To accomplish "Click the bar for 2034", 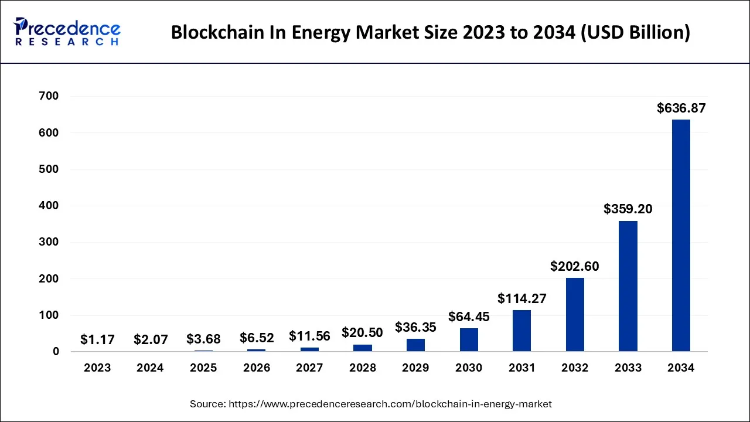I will click(681, 236).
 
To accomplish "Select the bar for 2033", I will click(628, 286).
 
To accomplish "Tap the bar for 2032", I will click(575, 315).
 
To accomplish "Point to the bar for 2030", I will click(469, 340).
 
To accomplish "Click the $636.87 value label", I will click(681, 108).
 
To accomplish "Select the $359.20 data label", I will click(628, 209).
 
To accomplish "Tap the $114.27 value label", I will click(521, 298).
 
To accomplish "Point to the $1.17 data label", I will click(97, 339).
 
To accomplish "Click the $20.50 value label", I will click(362, 332).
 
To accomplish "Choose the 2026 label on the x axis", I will click(257, 368).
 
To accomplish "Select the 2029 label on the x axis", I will click(415, 368).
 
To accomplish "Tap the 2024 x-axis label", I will click(151, 368).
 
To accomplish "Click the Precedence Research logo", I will click(67, 32).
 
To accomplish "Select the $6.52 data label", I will click(257, 338).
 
